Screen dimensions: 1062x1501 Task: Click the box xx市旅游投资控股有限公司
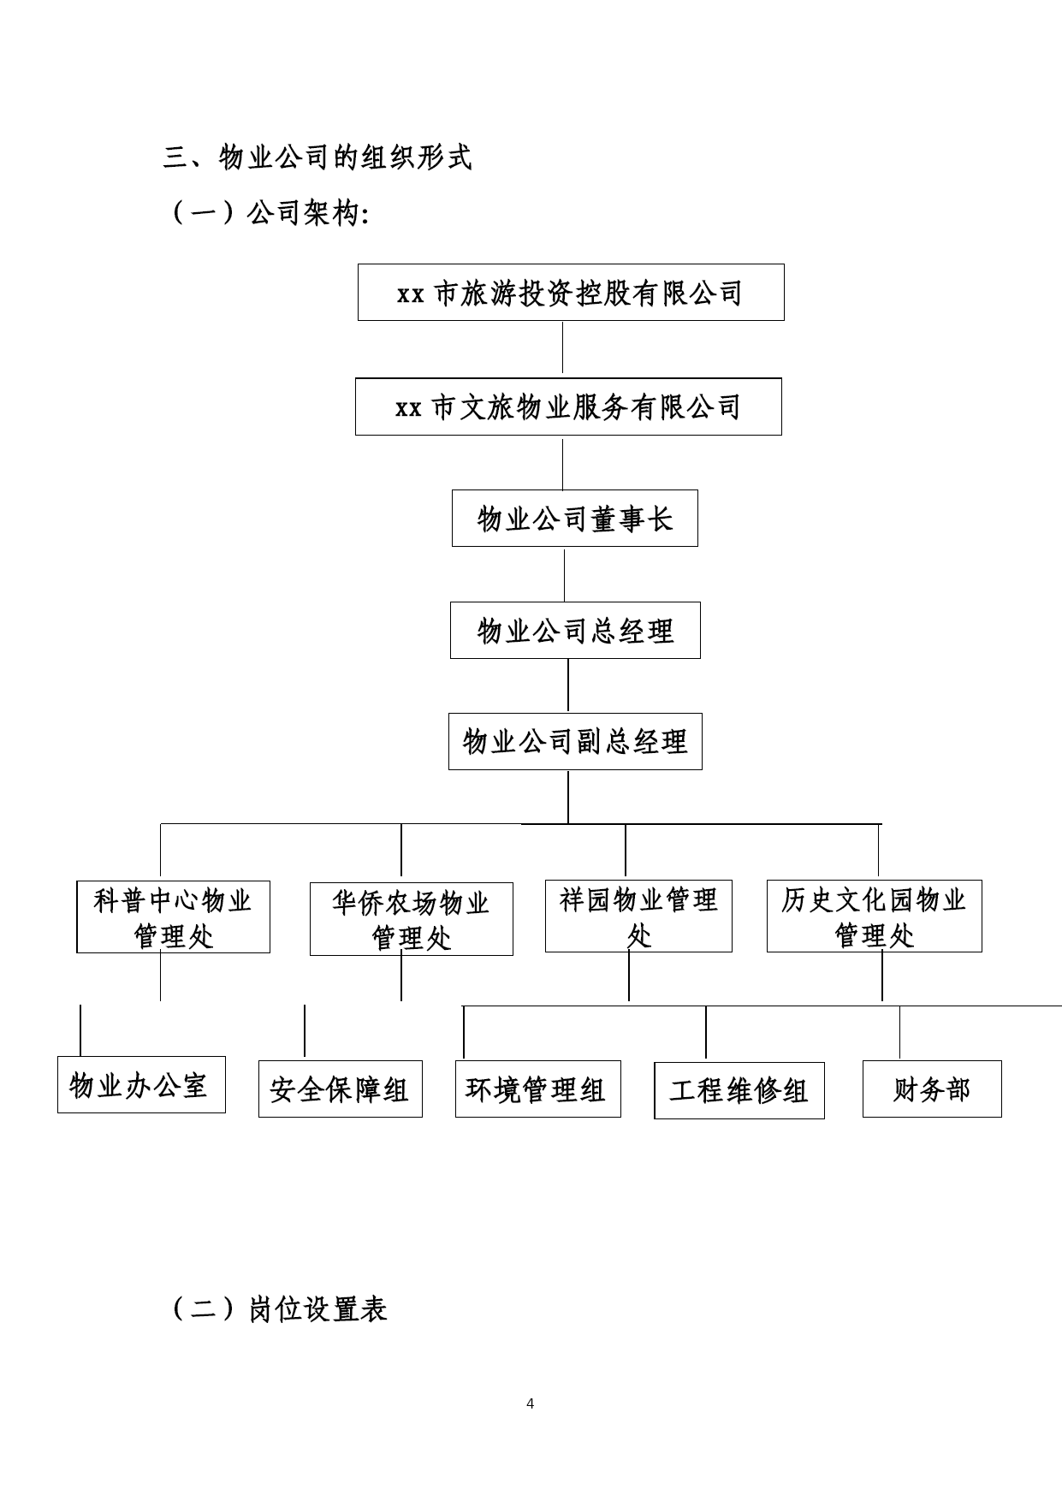[x=571, y=293]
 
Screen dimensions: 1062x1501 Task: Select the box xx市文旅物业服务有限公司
[x=568, y=406]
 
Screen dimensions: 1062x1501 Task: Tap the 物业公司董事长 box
[x=575, y=519]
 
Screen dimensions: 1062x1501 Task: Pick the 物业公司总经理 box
[x=575, y=631]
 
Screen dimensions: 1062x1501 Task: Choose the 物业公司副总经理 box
[x=575, y=741]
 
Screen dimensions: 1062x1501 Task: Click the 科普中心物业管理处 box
[x=173, y=917]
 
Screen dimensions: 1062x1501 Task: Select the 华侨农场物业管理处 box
[x=412, y=919]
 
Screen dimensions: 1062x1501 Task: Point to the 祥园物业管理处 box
[x=638, y=916]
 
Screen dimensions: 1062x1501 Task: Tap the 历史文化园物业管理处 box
[x=875, y=916]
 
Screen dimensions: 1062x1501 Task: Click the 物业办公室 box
[x=141, y=1085]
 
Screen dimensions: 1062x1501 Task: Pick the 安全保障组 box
[x=341, y=1089]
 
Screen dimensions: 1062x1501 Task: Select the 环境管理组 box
[x=538, y=1089]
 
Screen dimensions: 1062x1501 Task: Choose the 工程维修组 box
[x=739, y=1090]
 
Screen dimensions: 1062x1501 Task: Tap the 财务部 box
[x=932, y=1089]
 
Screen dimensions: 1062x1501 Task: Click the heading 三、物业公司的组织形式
[x=317, y=157]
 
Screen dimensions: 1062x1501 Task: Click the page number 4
[x=531, y=1403]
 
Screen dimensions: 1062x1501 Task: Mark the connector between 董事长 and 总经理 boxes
[x=564, y=575]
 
